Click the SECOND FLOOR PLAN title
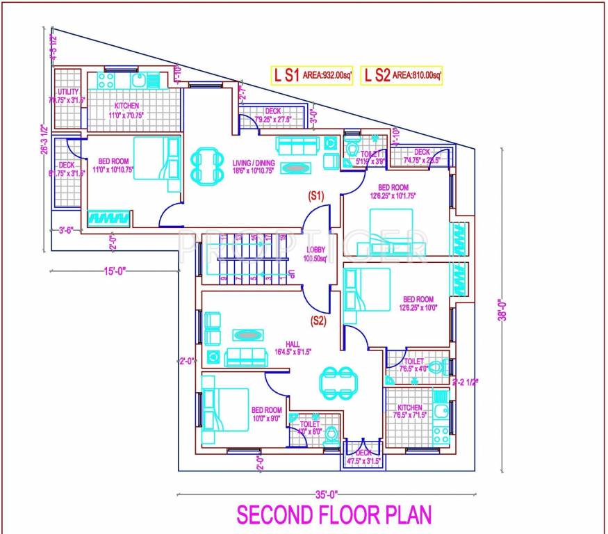[334, 515]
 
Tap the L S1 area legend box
[311, 76]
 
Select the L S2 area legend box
[402, 76]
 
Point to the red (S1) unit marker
[317, 197]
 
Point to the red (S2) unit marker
[319, 321]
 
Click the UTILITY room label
[68, 92]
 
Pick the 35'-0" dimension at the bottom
[326, 494]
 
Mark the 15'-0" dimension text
[116, 270]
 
